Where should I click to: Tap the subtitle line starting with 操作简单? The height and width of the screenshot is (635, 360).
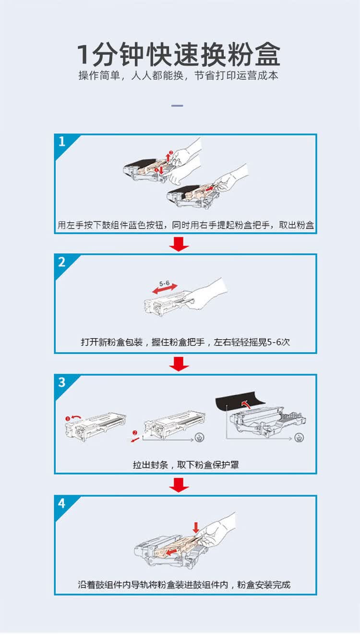point(179,76)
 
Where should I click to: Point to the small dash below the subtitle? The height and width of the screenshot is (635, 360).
point(177,105)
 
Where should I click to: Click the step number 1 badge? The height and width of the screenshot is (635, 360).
point(62,141)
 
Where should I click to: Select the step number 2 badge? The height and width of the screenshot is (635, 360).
point(62,262)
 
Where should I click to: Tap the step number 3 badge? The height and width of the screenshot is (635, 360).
point(62,382)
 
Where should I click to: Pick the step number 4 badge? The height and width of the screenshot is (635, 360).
point(62,503)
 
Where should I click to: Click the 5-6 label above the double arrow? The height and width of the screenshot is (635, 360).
point(165,284)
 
